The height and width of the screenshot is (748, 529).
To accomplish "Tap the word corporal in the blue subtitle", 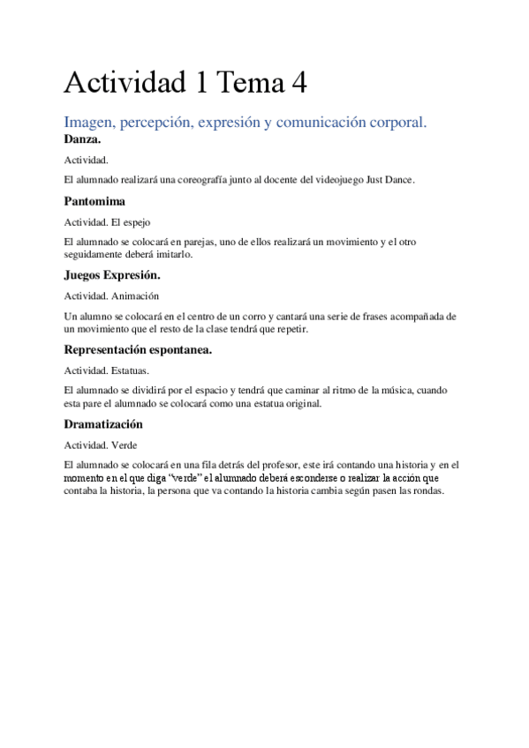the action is click(x=394, y=123).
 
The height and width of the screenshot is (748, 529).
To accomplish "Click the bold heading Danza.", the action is click(x=83, y=138).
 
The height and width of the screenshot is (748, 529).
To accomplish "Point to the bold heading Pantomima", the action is click(x=94, y=201).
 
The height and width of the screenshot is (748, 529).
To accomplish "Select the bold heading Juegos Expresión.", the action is click(x=112, y=274).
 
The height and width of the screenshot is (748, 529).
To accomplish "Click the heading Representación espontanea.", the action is click(x=138, y=348).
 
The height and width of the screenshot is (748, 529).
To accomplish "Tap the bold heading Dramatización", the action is click(x=103, y=423).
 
